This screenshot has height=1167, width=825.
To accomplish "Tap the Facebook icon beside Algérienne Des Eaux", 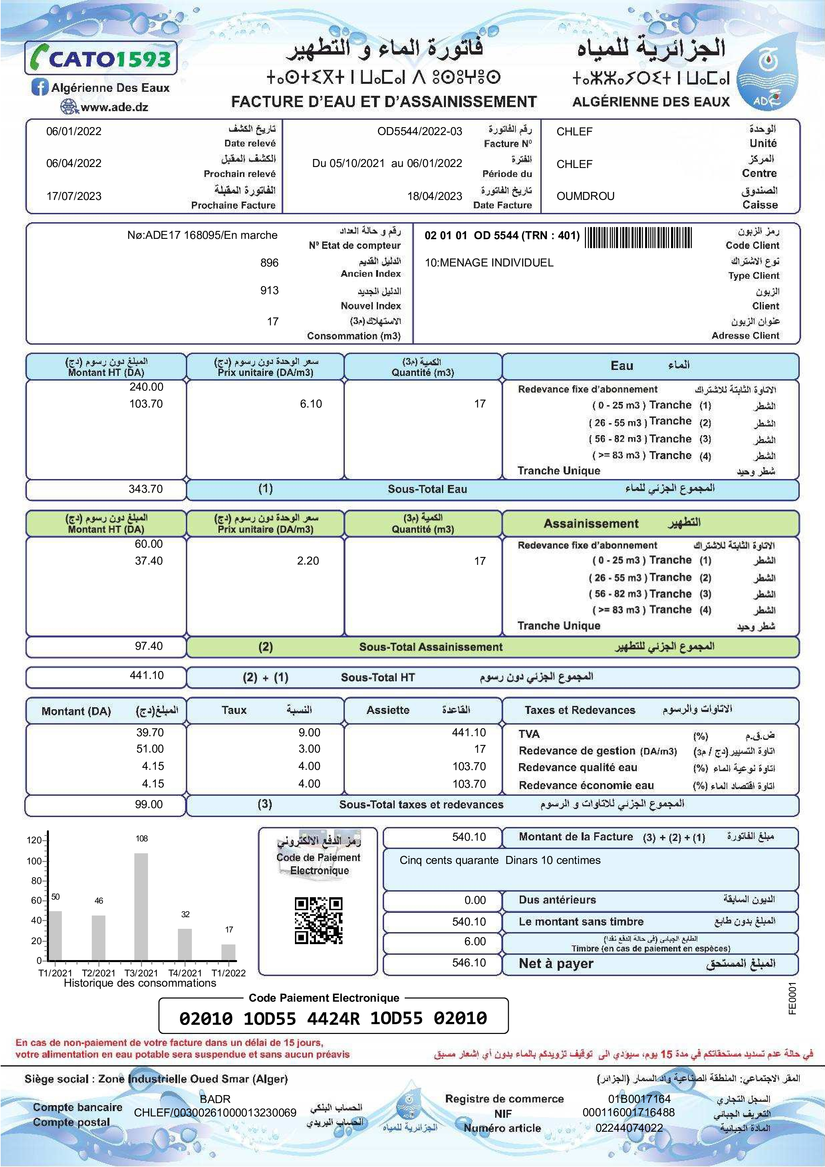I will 39,87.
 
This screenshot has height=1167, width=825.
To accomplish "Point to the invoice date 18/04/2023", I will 434,196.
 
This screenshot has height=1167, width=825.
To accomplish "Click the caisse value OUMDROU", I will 585,196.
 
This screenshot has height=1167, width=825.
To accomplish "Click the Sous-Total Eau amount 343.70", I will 146,489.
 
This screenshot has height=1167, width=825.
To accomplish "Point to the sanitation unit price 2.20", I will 308,561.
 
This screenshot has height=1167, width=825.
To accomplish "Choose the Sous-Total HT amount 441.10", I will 147,676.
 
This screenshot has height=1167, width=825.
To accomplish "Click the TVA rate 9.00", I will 309,733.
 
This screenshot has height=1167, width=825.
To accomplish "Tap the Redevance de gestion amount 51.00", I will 150,749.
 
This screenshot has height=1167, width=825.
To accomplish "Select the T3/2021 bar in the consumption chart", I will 141,907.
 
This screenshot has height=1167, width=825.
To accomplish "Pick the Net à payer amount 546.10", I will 469,963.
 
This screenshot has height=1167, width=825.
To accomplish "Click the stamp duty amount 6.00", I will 475,942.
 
